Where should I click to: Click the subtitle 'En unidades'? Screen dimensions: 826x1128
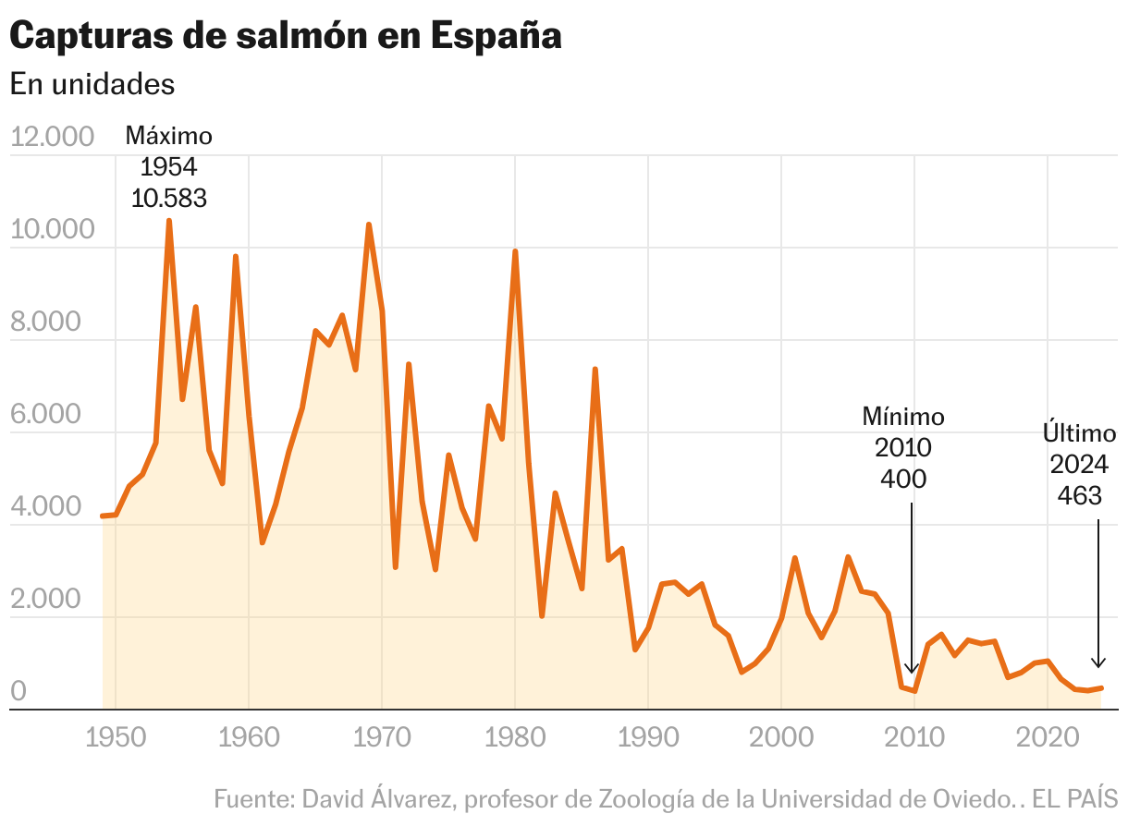pos(92,83)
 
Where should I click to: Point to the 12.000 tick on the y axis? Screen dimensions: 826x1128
pos(52,137)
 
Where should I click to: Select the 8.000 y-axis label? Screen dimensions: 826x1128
pos(52,322)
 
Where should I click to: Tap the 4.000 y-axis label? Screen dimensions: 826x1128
pos(52,507)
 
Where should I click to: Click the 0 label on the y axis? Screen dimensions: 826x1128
pos(18,692)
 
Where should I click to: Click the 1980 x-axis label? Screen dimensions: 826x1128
pos(515,738)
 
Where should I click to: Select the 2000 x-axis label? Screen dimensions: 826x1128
pos(781,738)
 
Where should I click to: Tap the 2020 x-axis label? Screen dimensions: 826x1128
pos(1047,738)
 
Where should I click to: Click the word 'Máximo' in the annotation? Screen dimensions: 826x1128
pos(169,136)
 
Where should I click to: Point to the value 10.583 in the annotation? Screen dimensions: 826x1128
pos(169,198)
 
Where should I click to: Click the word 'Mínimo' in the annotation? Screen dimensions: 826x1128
pos(903,417)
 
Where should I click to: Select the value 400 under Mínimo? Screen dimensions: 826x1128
pos(903,479)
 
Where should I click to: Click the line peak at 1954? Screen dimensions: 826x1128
pos(169,221)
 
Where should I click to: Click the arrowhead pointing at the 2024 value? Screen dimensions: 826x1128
pos(1098,662)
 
